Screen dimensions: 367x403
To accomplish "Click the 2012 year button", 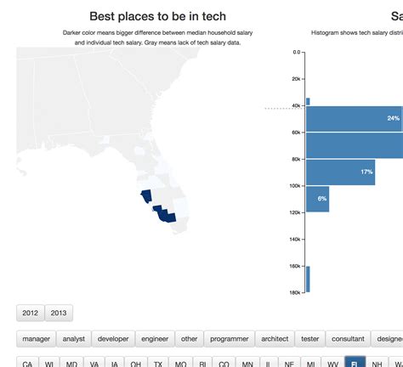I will [31, 313].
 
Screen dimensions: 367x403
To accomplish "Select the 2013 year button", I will [59, 313].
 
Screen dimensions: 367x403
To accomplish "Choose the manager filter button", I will [37, 338].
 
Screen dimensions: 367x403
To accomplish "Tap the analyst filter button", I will [74, 338].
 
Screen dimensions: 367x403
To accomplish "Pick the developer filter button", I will [113, 338].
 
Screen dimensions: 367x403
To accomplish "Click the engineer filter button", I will [155, 338].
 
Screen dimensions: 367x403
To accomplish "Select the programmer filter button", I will [230, 338].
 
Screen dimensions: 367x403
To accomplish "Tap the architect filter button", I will [275, 338].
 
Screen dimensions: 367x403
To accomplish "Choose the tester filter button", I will [310, 338].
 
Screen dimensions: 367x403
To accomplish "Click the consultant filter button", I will [348, 338].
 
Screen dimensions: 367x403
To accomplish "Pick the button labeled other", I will [190, 338].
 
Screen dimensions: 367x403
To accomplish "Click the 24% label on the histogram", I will [393, 118].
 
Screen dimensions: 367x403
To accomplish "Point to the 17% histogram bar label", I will [366, 172].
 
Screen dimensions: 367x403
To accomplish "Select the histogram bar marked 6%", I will [322, 198].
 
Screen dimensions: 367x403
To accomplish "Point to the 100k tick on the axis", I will [296, 186].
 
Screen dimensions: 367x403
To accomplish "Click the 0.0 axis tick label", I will [297, 52].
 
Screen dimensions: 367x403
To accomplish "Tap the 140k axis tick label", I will [296, 240].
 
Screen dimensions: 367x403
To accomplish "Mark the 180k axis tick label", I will [296, 293].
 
